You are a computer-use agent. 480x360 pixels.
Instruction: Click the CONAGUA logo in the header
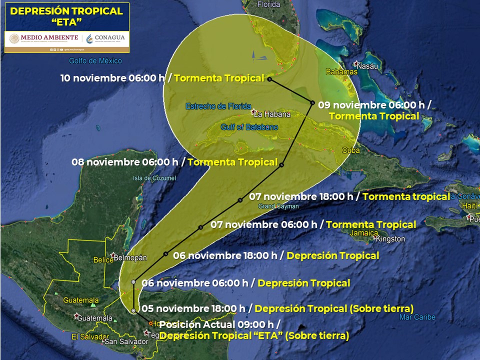[x=106, y=38]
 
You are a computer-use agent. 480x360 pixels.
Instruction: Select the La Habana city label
[x=274, y=114]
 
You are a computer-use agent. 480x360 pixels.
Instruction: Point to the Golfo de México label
[x=95, y=61]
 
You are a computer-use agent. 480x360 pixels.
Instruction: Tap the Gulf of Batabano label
[x=248, y=127]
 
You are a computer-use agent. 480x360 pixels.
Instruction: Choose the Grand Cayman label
[x=278, y=206]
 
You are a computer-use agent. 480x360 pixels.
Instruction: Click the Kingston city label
[x=390, y=239]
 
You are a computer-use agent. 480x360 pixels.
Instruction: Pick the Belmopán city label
[x=130, y=258]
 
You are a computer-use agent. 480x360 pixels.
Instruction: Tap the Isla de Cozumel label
[x=154, y=178]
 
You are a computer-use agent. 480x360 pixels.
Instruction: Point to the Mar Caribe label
[x=417, y=317]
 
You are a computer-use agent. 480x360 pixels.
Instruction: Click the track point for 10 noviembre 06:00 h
[x=269, y=79]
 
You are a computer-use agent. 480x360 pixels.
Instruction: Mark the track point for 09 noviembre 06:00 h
[x=312, y=103]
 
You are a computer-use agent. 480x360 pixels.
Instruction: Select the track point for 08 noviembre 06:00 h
[x=282, y=164]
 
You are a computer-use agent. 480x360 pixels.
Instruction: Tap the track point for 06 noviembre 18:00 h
[x=165, y=253]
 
